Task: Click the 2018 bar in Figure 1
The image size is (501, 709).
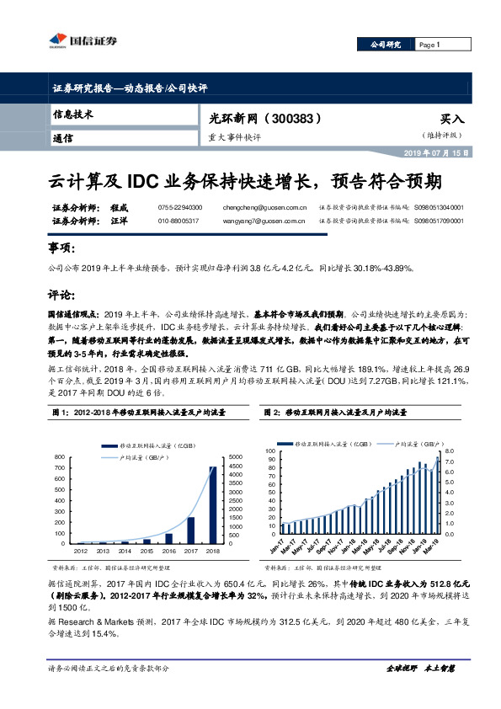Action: click(212, 504)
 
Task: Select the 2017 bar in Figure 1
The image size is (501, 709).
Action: click(190, 530)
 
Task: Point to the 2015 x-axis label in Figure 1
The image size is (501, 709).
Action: click(147, 551)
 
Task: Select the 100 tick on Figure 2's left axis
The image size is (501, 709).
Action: click(269, 452)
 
